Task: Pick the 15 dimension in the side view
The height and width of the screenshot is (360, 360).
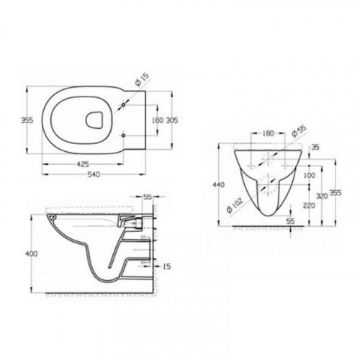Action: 166,267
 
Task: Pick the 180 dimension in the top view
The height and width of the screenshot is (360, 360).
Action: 150,120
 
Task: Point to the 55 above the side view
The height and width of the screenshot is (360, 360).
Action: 148,196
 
